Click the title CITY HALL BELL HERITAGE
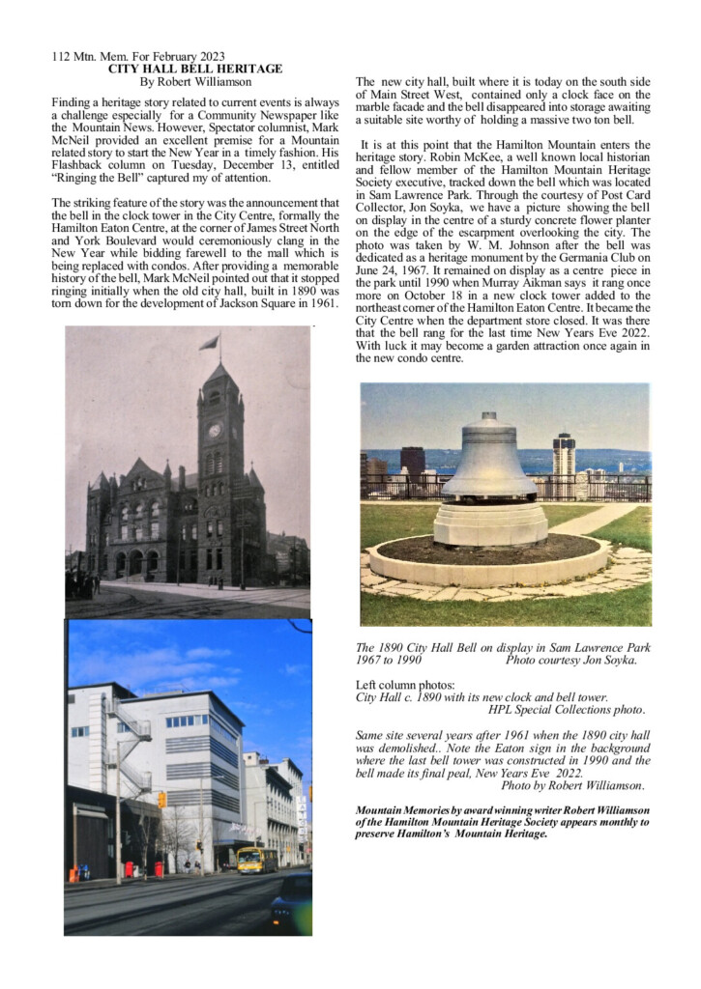[196, 69]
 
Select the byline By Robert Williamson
[193, 82]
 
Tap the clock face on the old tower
[215, 430]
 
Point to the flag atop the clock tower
[209, 342]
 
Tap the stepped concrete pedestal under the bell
[490, 523]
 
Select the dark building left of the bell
[412, 463]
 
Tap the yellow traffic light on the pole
[162, 800]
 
